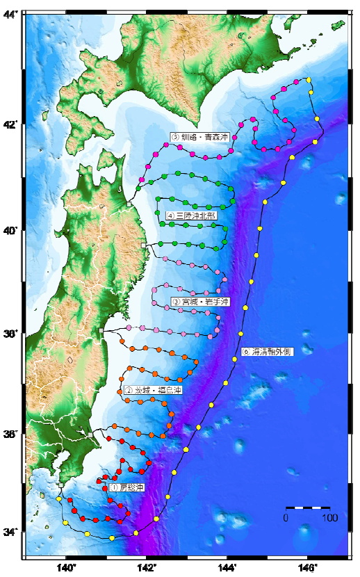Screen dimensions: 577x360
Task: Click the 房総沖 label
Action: [x=126, y=489]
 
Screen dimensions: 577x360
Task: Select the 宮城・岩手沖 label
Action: [x=200, y=302]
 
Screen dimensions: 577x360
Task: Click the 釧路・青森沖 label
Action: [x=199, y=137]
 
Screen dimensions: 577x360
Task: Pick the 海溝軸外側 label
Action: [x=268, y=352]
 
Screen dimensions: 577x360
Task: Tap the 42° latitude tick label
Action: [x=12, y=125]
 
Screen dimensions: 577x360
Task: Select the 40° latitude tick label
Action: [x=12, y=230]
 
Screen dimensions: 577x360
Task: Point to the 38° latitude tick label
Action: [x=12, y=334]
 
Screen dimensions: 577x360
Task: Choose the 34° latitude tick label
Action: [x=12, y=533]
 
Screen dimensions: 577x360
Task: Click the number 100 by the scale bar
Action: [x=329, y=518]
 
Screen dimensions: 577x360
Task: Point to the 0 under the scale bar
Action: [x=286, y=518]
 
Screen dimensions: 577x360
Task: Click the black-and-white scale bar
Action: [x=308, y=507]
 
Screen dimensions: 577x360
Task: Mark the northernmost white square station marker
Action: [x=129, y=204]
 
